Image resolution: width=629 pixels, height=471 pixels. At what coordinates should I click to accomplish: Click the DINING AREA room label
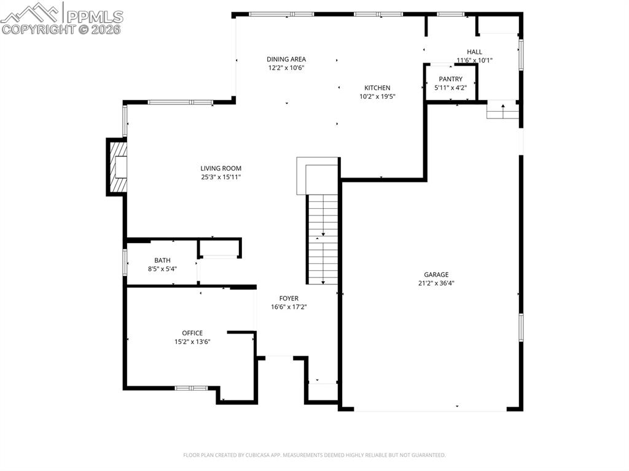[286, 60]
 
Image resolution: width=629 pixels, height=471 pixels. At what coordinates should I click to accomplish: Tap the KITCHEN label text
[377, 88]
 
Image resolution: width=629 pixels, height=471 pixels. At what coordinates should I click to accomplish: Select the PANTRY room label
[450, 79]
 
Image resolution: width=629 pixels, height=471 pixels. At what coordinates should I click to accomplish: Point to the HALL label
[474, 52]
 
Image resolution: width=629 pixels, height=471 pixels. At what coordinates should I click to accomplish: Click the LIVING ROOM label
[221, 168]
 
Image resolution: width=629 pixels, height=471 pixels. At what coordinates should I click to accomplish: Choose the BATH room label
[162, 260]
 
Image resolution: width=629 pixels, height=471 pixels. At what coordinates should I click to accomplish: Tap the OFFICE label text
[192, 333]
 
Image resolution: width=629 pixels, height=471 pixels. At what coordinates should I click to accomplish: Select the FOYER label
[289, 298]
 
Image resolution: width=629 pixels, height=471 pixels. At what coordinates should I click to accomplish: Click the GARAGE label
[436, 274]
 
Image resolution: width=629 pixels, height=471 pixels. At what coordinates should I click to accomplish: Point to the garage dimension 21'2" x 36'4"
[436, 283]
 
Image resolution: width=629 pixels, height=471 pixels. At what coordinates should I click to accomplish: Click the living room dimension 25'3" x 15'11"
[221, 177]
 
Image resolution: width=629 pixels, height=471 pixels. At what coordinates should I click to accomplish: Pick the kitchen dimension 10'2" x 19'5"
[377, 96]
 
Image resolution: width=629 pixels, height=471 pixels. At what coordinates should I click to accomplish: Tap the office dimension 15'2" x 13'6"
[192, 342]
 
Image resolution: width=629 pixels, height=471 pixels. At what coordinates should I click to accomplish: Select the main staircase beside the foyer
[322, 239]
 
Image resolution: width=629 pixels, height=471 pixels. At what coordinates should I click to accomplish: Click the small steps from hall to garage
[503, 111]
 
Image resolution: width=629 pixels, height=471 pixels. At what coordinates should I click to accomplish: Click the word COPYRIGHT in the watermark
[37, 29]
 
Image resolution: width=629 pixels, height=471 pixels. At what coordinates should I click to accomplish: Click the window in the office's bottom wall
[192, 388]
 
